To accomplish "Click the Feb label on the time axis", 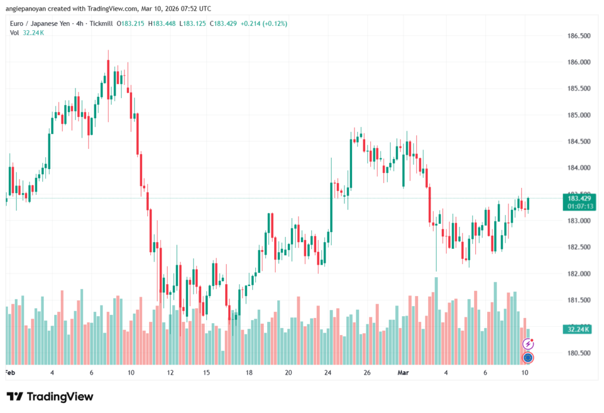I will [9, 373].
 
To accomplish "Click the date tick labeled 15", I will [206, 373].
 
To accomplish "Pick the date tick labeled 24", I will [328, 373].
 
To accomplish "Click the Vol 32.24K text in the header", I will [27, 32].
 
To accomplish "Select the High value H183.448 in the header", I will [163, 24].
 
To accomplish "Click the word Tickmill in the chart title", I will [100, 24].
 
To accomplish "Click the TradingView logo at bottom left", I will [50, 396].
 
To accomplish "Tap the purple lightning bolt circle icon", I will [528, 343].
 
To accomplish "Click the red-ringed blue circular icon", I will [528, 357].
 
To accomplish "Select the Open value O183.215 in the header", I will [130, 24].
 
